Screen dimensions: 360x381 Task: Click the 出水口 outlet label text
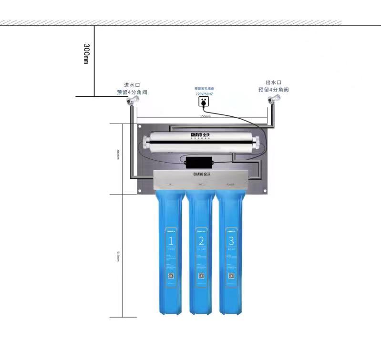click(x=274, y=82)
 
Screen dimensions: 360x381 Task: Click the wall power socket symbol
click(x=204, y=102)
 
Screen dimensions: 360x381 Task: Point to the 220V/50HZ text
click(x=204, y=94)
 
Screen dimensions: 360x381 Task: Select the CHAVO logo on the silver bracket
click(x=200, y=175)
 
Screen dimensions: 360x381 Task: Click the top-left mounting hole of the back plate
click(x=139, y=127)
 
